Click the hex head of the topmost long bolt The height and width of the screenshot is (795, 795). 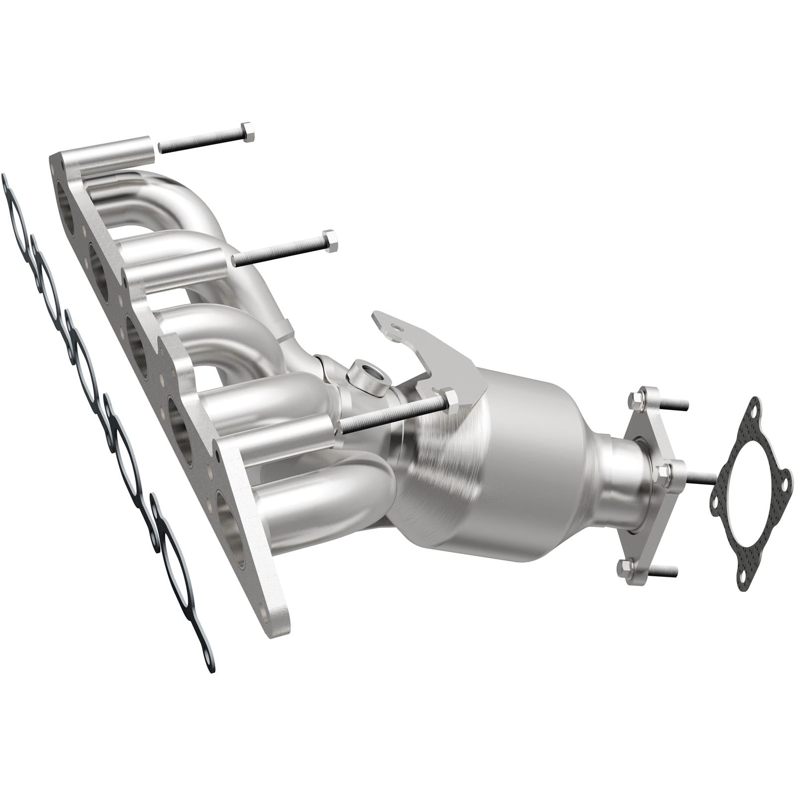pos(247,131)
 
